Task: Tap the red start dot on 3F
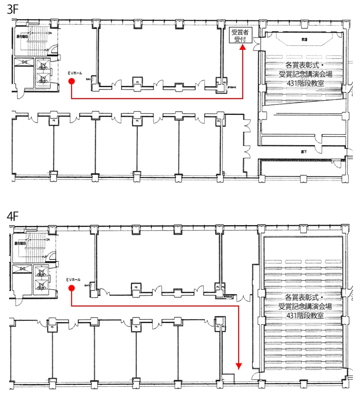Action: click(72, 81)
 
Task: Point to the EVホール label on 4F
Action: click(74, 280)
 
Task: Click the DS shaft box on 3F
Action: click(24, 62)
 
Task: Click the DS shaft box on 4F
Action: click(23, 268)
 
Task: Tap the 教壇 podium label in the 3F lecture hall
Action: click(304, 39)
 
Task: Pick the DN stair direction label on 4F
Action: click(49, 239)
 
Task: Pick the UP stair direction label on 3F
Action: click(47, 49)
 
